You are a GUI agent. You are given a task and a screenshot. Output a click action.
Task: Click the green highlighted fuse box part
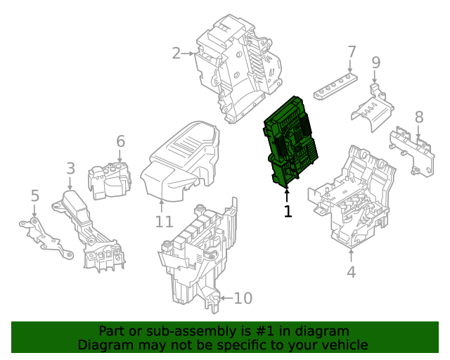pyautogui.click(x=290, y=144)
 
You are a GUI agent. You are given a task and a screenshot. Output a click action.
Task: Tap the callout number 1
pyautogui.click(x=287, y=211)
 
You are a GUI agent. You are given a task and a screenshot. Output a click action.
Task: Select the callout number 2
pyautogui.click(x=176, y=52)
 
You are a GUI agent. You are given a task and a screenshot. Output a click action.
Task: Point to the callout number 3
pyautogui.click(x=70, y=168)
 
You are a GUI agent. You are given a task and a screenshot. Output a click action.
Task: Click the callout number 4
pyautogui.click(x=351, y=272)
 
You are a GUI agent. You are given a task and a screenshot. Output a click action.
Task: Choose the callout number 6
pyautogui.click(x=120, y=141)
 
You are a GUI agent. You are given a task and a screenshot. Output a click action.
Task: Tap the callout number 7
pyautogui.click(x=352, y=51)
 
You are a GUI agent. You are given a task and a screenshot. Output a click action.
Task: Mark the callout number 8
pyautogui.click(x=419, y=117)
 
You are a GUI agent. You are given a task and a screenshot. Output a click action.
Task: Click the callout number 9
pyautogui.click(x=376, y=63)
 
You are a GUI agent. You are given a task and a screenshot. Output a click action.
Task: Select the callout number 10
pyautogui.click(x=242, y=299)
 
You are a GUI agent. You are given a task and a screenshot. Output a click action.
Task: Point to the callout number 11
pyautogui.click(x=163, y=222)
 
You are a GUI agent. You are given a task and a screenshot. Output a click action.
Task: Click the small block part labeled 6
pyautogui.click(x=109, y=179)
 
